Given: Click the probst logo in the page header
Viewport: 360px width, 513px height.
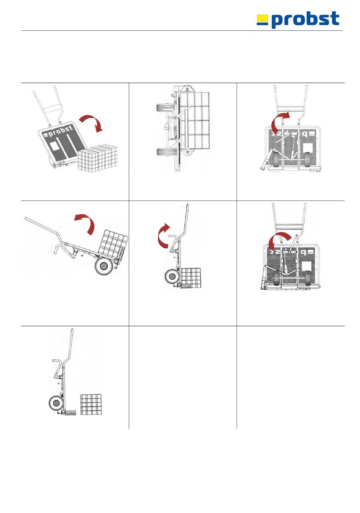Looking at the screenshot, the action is (298, 19).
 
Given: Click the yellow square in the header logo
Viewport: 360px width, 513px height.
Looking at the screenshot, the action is (262, 19).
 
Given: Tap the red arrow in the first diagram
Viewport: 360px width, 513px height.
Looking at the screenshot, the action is (92, 124).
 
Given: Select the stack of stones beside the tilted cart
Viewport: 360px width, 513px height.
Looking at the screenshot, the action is (98, 157).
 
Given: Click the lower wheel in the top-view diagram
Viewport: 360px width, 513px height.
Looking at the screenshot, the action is (166, 155).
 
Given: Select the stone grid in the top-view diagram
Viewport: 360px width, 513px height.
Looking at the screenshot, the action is (194, 121).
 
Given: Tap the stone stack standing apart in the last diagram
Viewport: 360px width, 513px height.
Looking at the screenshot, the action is (91, 405).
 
